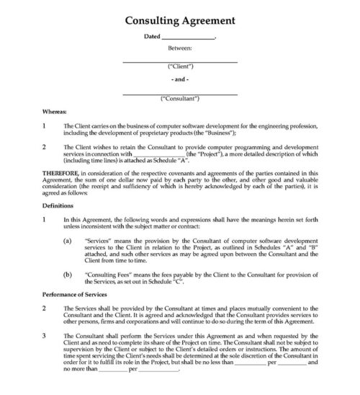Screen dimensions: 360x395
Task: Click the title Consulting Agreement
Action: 179,19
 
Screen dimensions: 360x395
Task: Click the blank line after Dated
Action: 188,37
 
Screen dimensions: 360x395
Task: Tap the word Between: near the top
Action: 179,50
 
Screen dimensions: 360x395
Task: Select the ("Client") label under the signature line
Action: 179,68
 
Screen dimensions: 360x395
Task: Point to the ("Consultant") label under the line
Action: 179,101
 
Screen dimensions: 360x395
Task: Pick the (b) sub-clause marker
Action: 67,275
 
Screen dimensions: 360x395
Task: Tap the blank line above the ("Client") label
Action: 179,61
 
